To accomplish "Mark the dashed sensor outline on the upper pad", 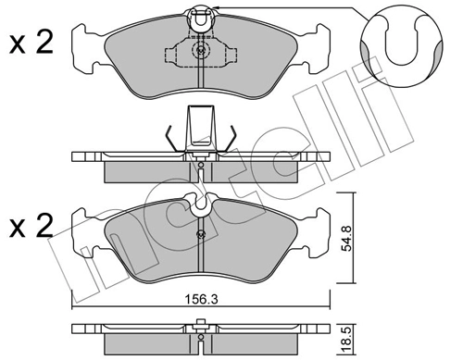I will (198, 53).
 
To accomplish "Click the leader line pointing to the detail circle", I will (296, 9).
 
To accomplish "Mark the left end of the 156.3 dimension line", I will (72, 309).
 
